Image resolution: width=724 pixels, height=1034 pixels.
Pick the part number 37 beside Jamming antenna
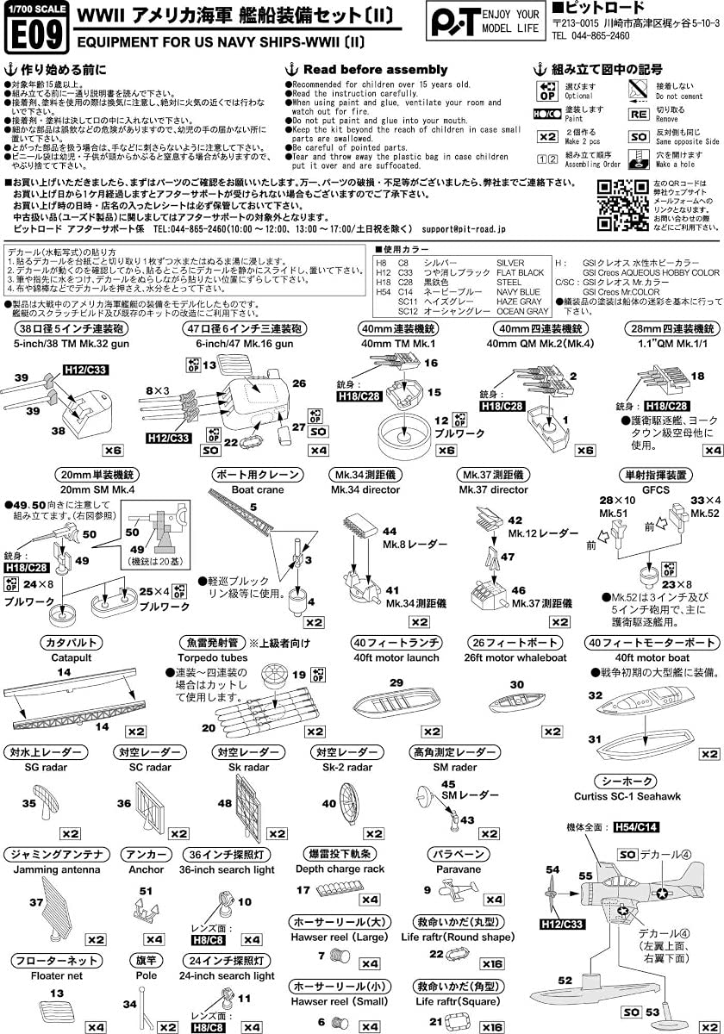[x=35, y=902]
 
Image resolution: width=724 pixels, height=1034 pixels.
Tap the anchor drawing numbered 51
[x=147, y=906]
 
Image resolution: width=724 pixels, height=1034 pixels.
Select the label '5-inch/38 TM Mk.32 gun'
[x=65, y=342]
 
